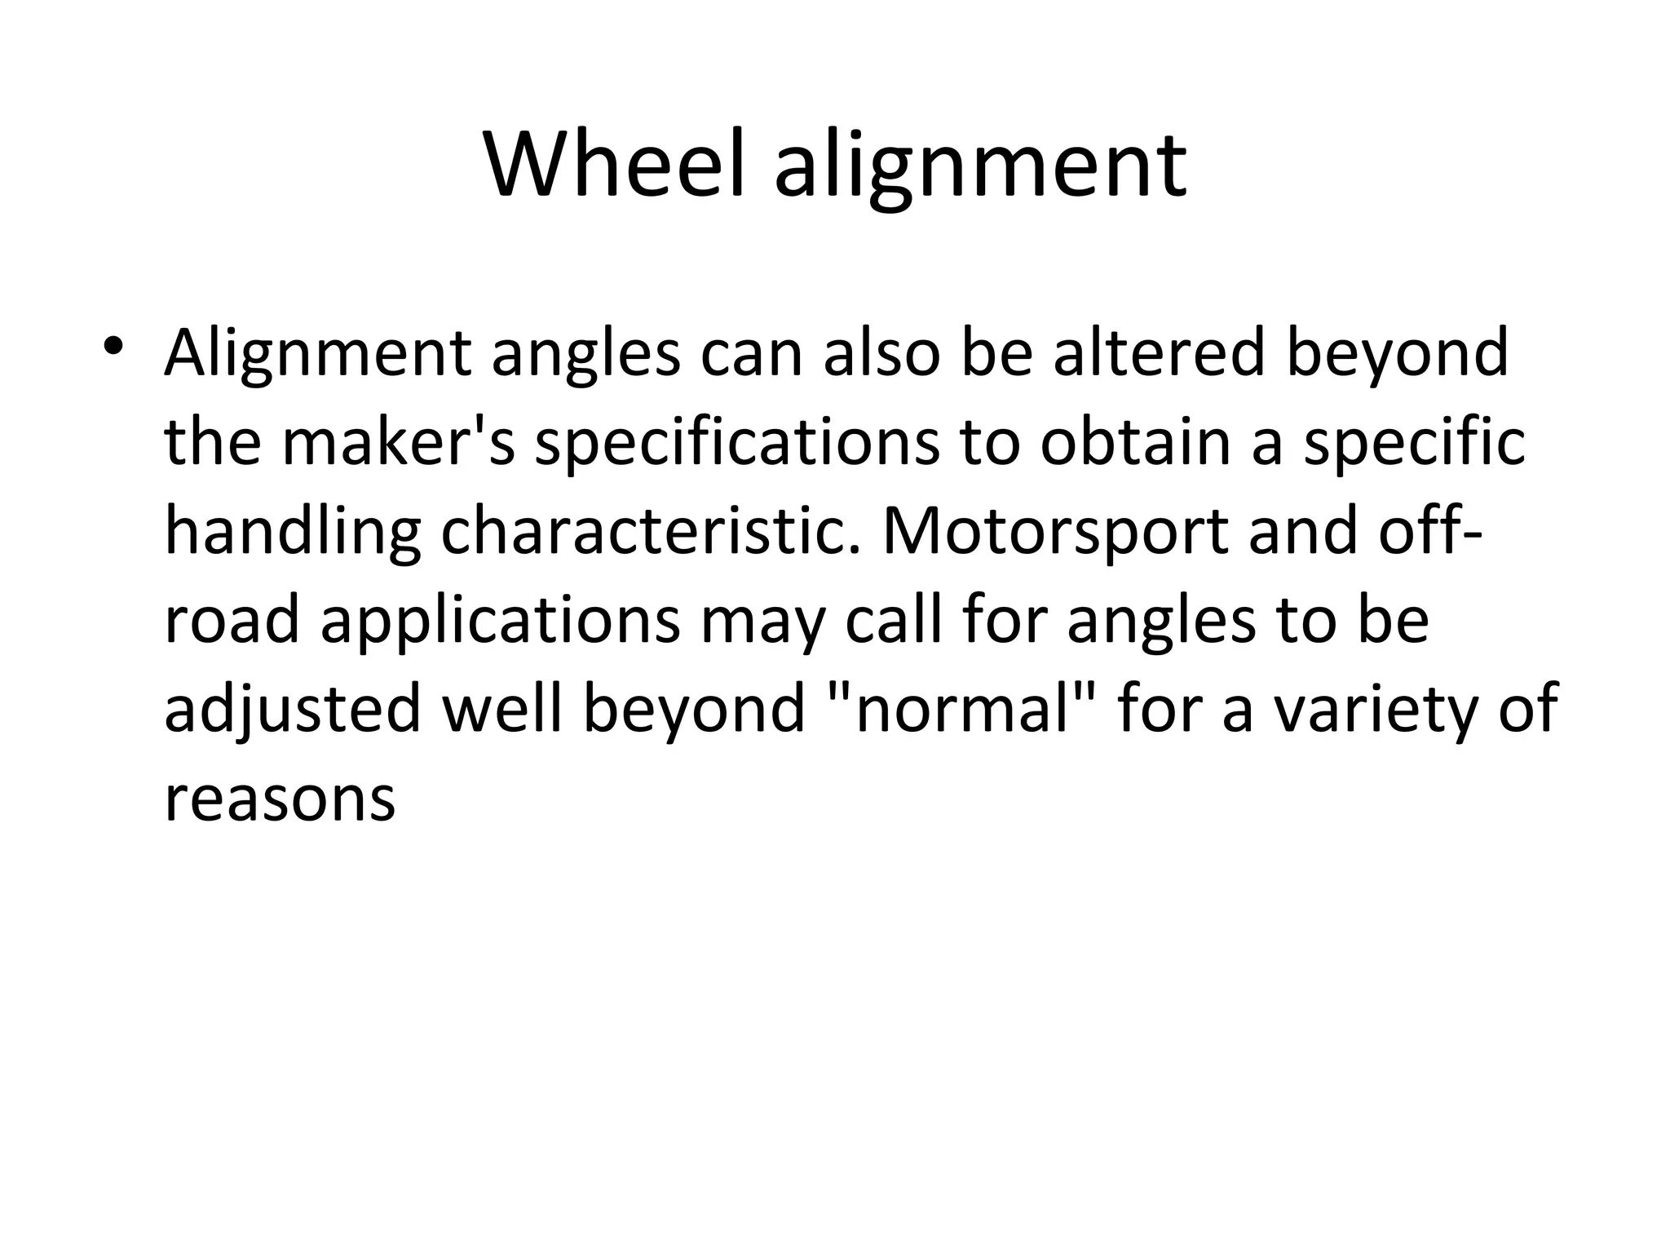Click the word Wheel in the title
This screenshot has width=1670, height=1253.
(614, 166)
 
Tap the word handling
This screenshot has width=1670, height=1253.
(293, 533)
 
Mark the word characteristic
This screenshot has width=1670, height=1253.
(651, 531)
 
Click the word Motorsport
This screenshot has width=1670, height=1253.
(1055, 531)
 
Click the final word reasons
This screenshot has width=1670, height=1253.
(280, 799)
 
